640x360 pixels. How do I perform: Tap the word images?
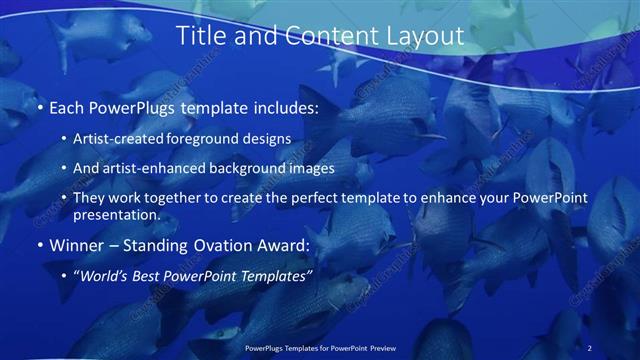(x=310, y=169)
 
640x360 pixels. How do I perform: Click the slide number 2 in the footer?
(x=589, y=348)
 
